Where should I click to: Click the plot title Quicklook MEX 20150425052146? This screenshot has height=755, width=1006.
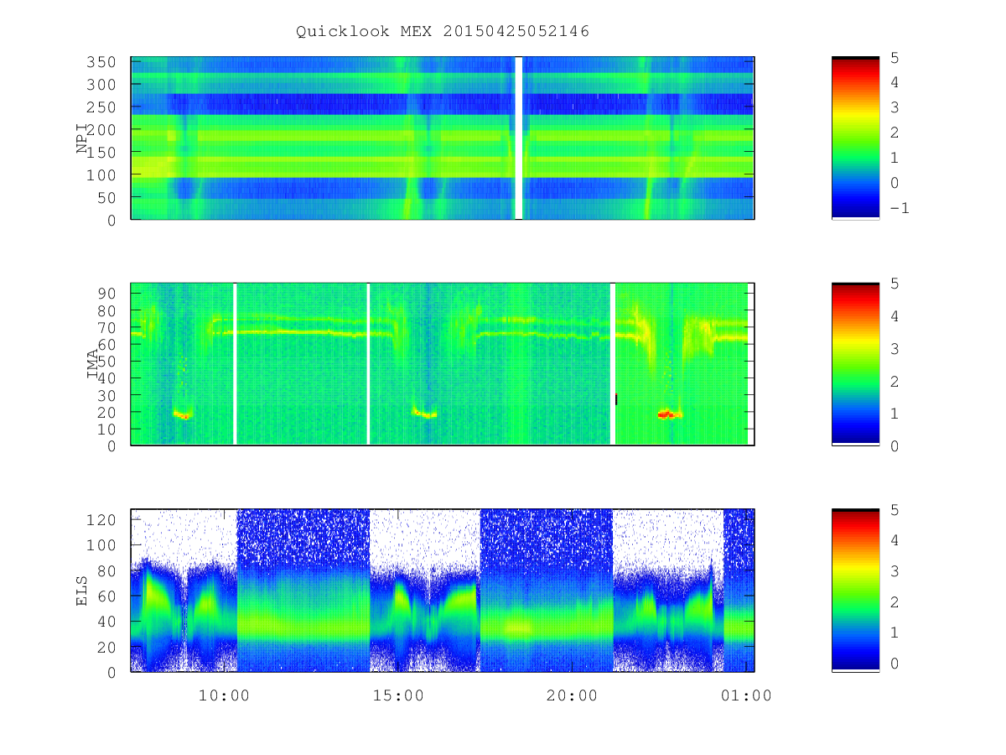pyautogui.click(x=442, y=31)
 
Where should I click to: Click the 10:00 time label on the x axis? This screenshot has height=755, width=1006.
pyautogui.click(x=224, y=695)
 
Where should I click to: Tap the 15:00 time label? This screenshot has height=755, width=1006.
pyautogui.click(x=398, y=695)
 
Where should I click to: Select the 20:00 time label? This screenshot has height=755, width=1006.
pyautogui.click(x=572, y=695)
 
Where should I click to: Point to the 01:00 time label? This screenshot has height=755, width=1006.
pyautogui.click(x=746, y=695)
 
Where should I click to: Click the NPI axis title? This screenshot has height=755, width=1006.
pyautogui.click(x=81, y=138)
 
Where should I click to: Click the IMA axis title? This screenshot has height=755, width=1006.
pyautogui.click(x=92, y=363)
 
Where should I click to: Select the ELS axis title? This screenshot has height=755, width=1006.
pyautogui.click(x=81, y=591)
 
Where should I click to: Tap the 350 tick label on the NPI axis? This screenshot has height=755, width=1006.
pyautogui.click(x=101, y=62)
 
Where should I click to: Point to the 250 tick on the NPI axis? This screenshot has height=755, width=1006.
pyautogui.click(x=101, y=107)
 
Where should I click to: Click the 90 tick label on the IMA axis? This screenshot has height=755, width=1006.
pyautogui.click(x=106, y=294)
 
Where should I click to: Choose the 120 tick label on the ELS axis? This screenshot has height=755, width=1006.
pyautogui.click(x=101, y=520)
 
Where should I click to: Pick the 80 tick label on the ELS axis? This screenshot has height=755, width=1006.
pyautogui.click(x=106, y=570)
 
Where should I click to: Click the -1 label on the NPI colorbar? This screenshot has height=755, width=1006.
pyautogui.click(x=900, y=208)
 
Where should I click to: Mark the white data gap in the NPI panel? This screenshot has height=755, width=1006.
pyautogui.click(x=518, y=138)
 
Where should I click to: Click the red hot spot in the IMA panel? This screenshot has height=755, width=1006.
pyautogui.click(x=670, y=414)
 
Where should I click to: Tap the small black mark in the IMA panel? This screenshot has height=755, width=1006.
pyautogui.click(x=616, y=398)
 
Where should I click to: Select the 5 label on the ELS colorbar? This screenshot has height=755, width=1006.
pyautogui.click(x=895, y=510)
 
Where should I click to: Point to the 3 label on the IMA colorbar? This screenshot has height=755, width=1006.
pyautogui.click(x=895, y=349)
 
